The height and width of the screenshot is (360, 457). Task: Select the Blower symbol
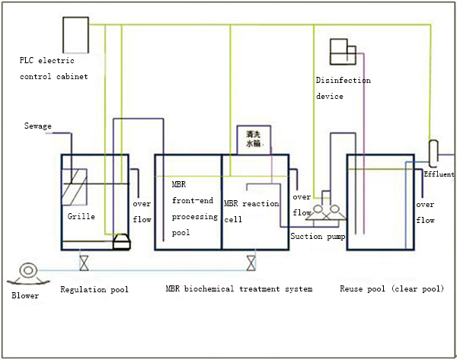[x=29, y=270]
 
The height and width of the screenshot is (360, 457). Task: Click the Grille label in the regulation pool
[x=80, y=217]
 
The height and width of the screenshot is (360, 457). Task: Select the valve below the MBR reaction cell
[x=250, y=264]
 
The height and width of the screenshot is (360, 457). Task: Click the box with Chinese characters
[x=253, y=137]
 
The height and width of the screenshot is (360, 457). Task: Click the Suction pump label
[x=318, y=236]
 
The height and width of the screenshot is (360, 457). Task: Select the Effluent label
[x=439, y=174]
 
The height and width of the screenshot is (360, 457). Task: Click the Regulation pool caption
[x=94, y=289]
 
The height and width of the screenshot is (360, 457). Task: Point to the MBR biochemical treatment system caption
[x=239, y=289]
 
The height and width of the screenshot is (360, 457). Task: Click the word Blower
[x=25, y=295]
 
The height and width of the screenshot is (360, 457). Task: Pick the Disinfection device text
[x=343, y=88]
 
